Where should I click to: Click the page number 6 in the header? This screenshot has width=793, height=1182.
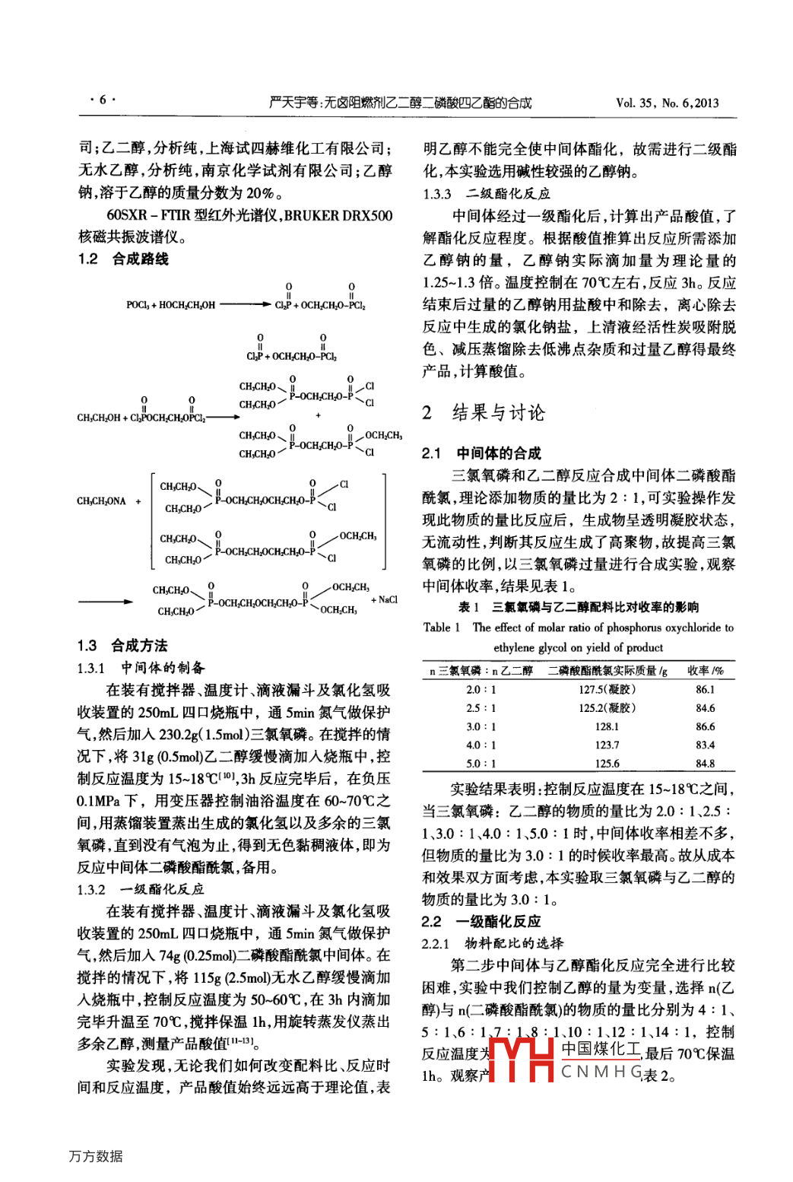(x=103, y=100)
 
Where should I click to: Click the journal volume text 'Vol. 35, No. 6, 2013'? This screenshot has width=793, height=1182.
(x=667, y=103)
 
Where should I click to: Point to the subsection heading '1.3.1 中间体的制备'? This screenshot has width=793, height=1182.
(x=141, y=668)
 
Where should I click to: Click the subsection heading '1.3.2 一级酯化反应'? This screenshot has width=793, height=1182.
(x=141, y=888)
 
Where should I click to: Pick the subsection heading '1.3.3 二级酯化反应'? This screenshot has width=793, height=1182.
(x=487, y=194)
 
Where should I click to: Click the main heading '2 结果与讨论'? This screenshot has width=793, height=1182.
(x=484, y=413)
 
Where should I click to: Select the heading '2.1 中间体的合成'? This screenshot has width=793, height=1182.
(x=481, y=453)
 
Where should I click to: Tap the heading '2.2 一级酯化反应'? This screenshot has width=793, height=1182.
(x=481, y=921)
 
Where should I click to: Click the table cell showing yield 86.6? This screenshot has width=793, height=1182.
(x=705, y=726)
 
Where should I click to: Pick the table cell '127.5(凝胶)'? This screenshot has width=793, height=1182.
(x=607, y=689)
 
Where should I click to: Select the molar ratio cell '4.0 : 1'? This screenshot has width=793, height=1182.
(x=481, y=745)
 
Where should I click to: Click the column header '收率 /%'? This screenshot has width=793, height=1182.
(x=705, y=670)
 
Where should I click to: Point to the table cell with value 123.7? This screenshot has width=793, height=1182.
(x=607, y=745)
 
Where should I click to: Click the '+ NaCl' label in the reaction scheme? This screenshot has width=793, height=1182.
(x=384, y=599)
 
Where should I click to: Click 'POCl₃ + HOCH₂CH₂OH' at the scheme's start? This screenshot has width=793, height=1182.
(x=170, y=305)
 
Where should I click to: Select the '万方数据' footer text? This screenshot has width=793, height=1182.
(x=96, y=1156)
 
